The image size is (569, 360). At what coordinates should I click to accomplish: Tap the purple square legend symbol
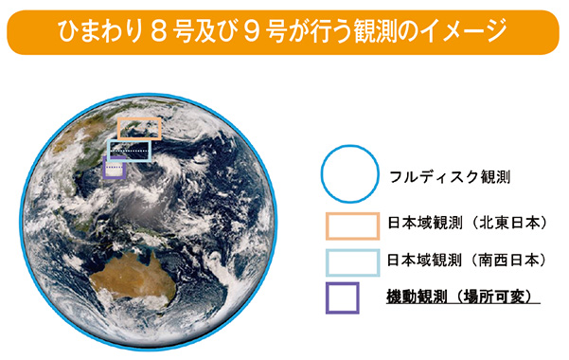[x=342, y=297]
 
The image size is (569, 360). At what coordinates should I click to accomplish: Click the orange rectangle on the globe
[x=139, y=129]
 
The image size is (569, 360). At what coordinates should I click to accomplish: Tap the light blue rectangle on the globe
[x=129, y=150]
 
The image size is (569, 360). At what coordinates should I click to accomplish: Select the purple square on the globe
[x=115, y=169]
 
